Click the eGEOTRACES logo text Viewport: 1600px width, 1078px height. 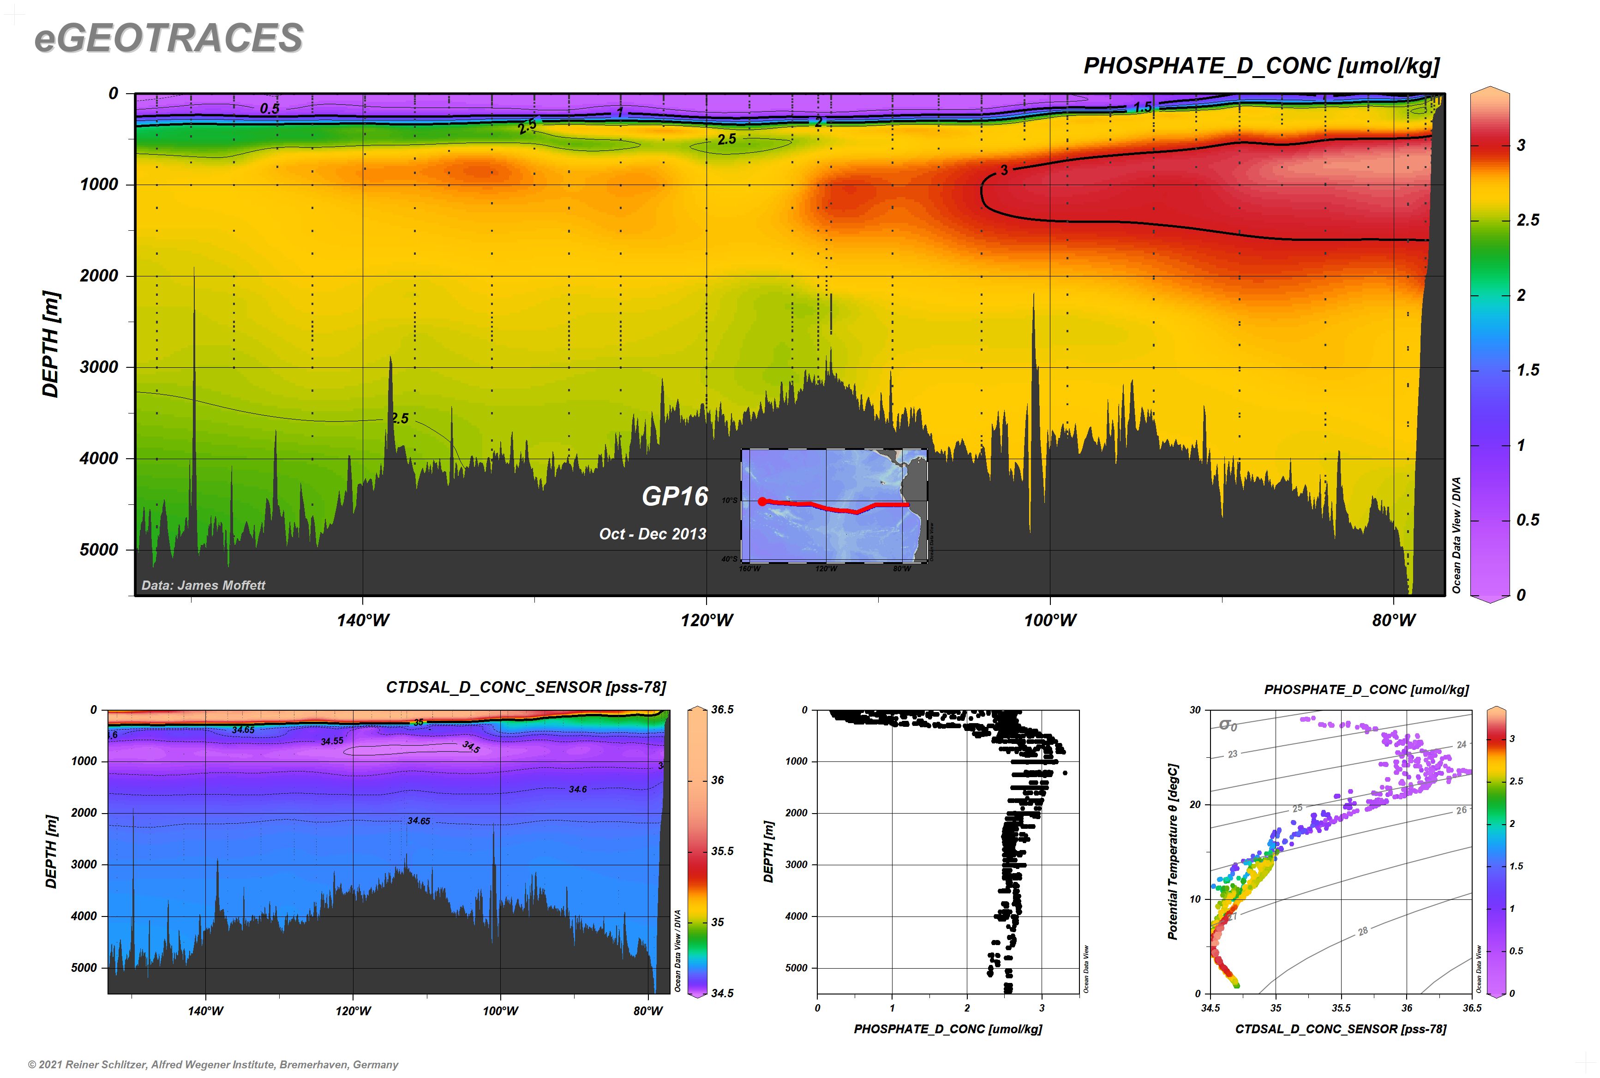(x=168, y=38)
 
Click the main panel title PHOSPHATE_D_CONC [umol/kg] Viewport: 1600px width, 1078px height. (x=1261, y=66)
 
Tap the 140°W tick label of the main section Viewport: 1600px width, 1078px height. (x=362, y=620)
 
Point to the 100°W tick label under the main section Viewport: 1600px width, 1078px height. (x=1050, y=620)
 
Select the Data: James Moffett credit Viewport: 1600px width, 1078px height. (x=203, y=585)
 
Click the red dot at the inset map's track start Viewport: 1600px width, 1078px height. (x=762, y=501)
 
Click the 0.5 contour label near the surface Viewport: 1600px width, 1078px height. (x=270, y=108)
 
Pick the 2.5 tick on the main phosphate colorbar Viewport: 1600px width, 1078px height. (x=1528, y=220)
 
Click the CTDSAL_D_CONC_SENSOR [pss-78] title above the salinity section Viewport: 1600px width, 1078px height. (x=526, y=687)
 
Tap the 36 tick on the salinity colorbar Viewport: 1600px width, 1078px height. (x=717, y=780)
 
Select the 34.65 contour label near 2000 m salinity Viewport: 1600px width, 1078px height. (x=418, y=821)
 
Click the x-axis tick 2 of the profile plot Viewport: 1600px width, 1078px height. (x=967, y=1008)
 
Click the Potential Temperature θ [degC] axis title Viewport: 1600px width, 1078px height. (x=1174, y=851)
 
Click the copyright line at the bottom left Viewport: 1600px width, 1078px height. (x=213, y=1064)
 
